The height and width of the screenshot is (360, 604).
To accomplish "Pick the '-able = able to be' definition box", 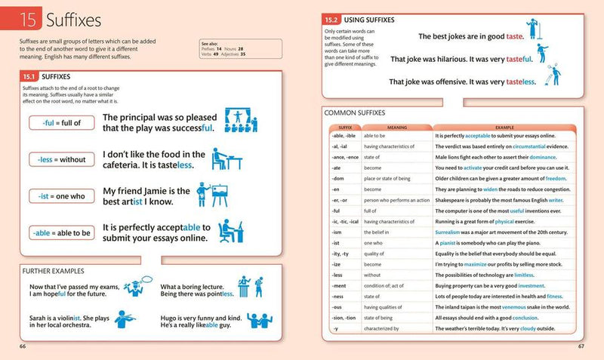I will point(61,232).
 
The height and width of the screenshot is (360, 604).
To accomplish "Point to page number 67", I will point(581,346).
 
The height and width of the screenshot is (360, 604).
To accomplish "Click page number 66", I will point(23,346).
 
